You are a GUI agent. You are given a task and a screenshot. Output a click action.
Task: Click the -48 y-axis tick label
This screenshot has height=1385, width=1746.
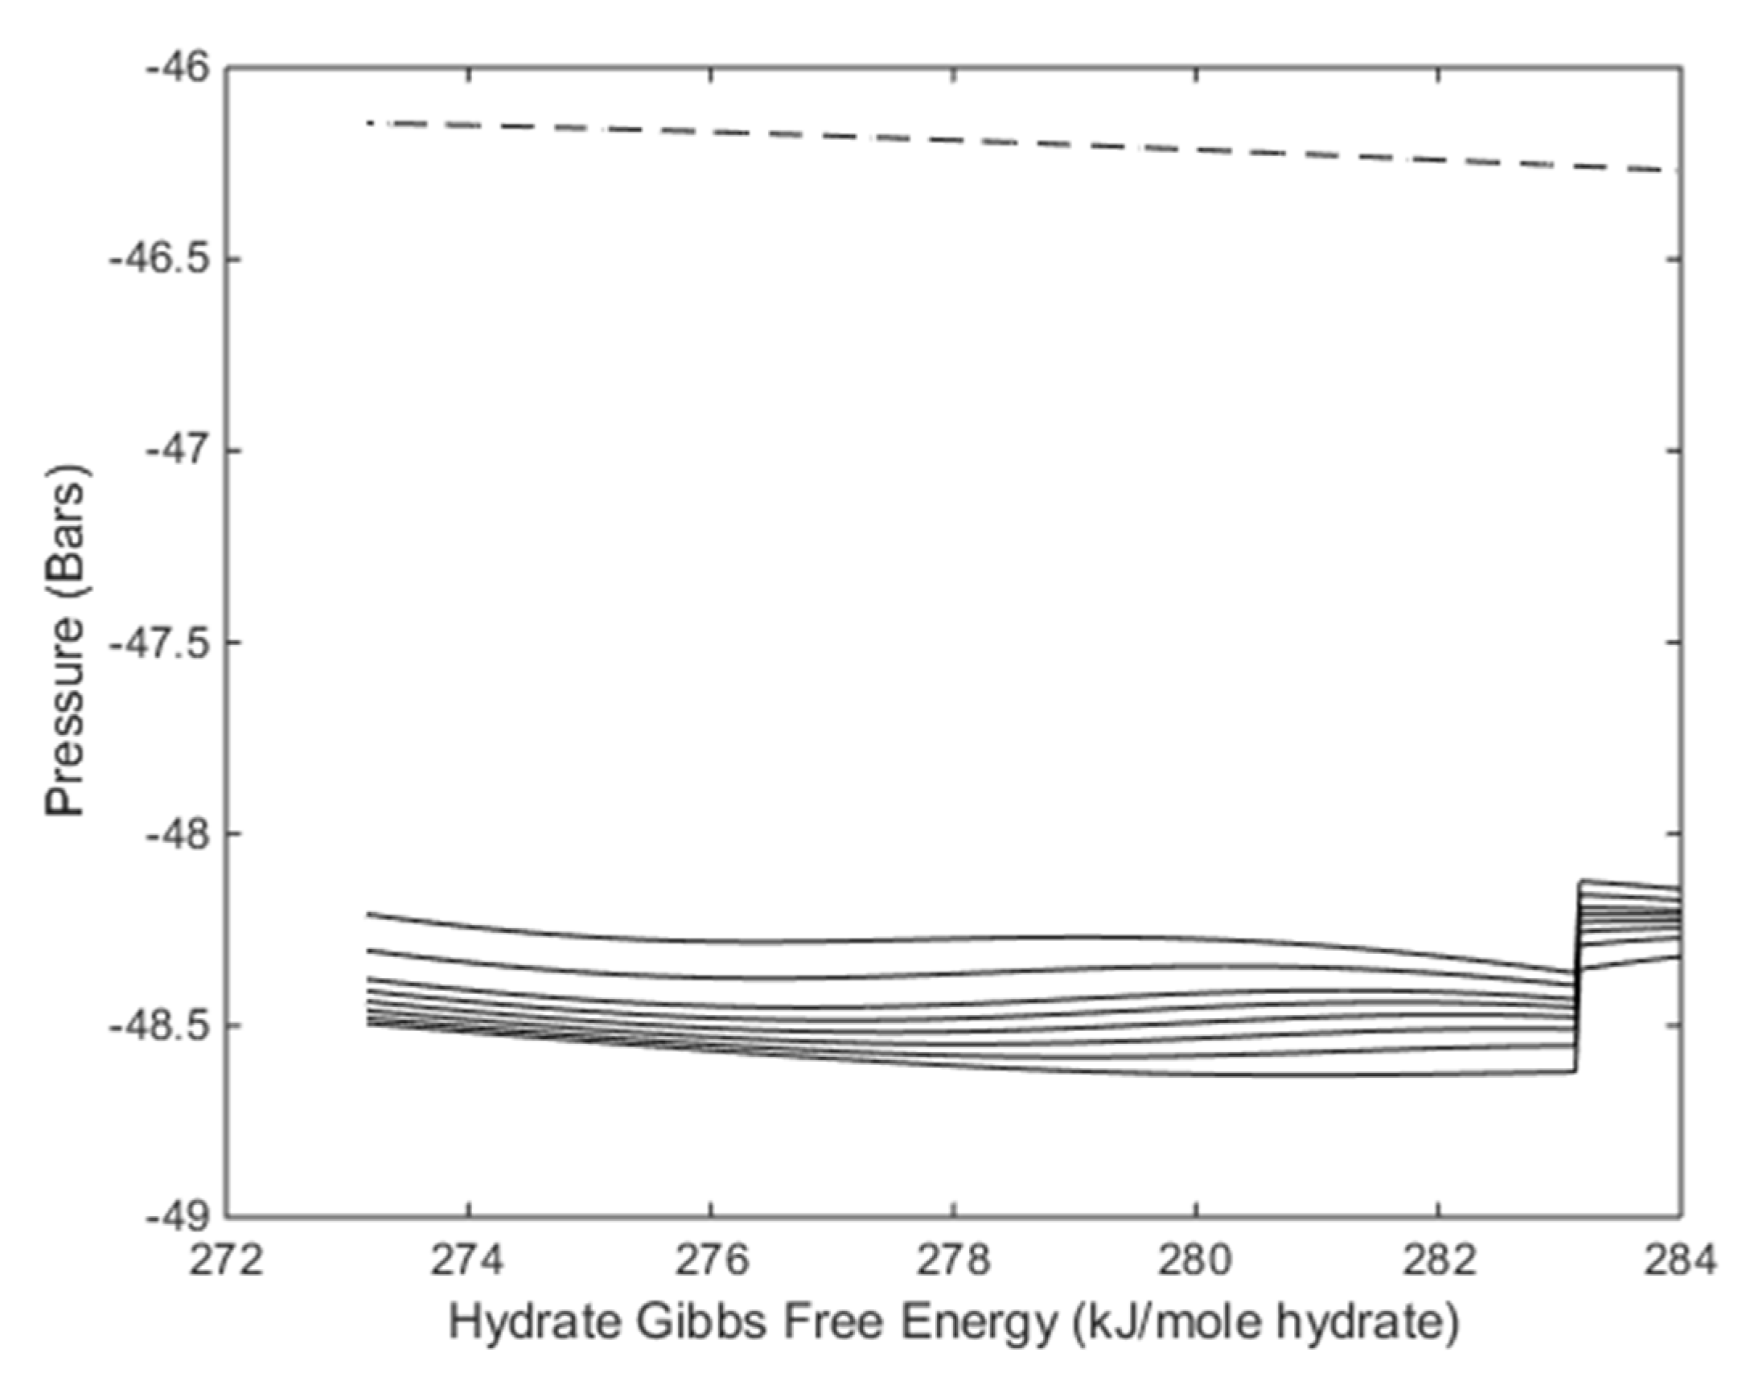178,833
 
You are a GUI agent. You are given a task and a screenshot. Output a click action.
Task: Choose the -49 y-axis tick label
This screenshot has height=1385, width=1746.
178,1216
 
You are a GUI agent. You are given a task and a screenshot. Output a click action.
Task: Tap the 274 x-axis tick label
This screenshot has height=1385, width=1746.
467,1261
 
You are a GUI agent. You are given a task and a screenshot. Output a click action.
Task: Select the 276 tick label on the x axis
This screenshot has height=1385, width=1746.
710,1261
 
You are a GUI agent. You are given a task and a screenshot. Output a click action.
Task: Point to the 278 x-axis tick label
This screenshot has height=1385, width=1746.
953,1261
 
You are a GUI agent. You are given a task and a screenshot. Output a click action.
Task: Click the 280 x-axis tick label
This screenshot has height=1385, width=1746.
1195,1261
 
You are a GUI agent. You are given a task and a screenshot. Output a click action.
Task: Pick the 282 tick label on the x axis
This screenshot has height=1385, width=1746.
1438,1261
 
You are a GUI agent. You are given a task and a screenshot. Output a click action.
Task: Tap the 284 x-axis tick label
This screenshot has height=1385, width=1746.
1679,1261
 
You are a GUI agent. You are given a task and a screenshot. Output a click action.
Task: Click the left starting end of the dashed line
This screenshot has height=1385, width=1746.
369,123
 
